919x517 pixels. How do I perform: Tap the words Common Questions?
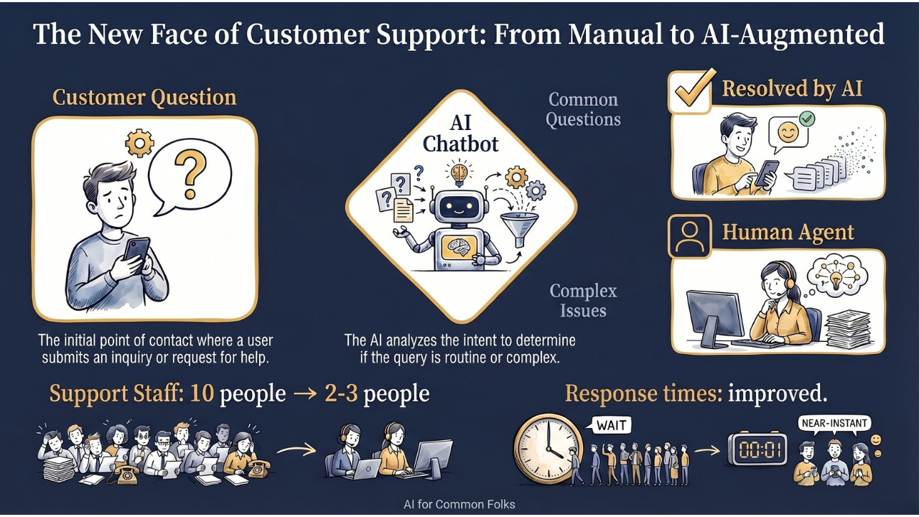pyautogui.click(x=583, y=109)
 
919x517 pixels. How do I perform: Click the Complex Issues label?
pyautogui.click(x=583, y=301)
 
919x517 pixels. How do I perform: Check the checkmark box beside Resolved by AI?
pyautogui.click(x=691, y=91)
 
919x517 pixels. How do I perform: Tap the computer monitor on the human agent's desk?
pyautogui.click(x=715, y=316)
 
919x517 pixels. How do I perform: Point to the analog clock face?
pyautogui.click(x=548, y=447)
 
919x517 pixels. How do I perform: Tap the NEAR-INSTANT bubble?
pyautogui.click(x=834, y=423)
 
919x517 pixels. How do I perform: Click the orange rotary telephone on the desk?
pyautogui.click(x=256, y=467)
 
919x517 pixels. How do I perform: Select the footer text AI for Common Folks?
pyautogui.click(x=459, y=504)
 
